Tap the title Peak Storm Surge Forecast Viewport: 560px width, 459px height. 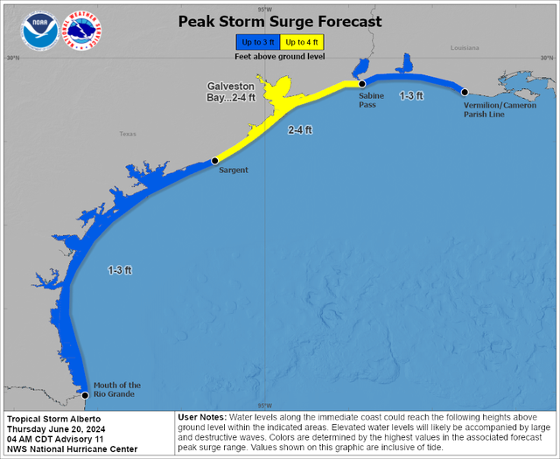pos(280,21)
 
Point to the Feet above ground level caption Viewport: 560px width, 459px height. pos(279,56)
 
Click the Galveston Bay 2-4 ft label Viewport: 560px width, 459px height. pos(231,92)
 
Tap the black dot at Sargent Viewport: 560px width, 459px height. pos(214,161)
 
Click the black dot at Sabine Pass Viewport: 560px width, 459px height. pos(360,84)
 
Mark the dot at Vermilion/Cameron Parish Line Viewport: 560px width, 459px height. pos(465,92)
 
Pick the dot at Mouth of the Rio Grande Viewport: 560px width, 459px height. pos(85,395)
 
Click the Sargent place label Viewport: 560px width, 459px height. pos(233,170)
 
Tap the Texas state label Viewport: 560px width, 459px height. pos(128,135)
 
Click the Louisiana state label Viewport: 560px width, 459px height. pos(465,48)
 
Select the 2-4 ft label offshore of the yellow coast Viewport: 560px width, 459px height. pos(300,129)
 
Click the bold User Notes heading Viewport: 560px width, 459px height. pos(201,418)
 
